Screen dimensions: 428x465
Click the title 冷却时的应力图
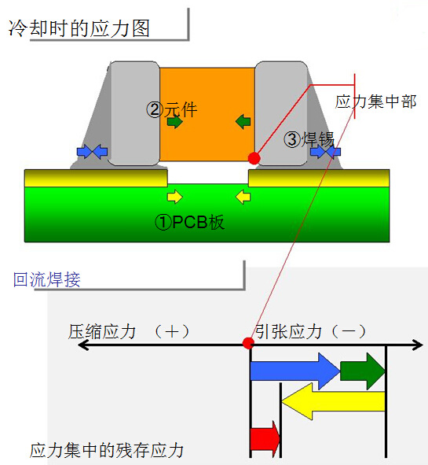pos(79,28)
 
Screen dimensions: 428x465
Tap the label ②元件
pos(172,109)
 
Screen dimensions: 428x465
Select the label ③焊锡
pos(309,139)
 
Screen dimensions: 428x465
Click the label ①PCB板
pos(189,222)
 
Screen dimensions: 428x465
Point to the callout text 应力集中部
pos(376,101)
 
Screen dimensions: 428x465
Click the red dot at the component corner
pos(254,158)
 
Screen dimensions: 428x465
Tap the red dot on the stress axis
pos(248,343)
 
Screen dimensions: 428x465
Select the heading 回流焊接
pos(47,279)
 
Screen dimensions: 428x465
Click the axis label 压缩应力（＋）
pos(129,331)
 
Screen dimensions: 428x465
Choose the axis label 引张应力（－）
pos(311,331)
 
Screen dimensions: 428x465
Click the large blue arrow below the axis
pos(295,371)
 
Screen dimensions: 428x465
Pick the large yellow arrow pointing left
pos(333,401)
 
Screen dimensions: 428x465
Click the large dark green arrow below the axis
pos(363,371)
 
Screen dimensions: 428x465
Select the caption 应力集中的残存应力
pos(107,451)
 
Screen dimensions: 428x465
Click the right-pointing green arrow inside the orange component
pos(175,121)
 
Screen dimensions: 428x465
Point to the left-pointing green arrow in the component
pos(243,121)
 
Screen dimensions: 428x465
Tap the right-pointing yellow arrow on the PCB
pos(175,197)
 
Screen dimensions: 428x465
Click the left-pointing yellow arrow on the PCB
pos(243,197)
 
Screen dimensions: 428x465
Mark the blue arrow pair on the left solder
pos(92,152)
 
